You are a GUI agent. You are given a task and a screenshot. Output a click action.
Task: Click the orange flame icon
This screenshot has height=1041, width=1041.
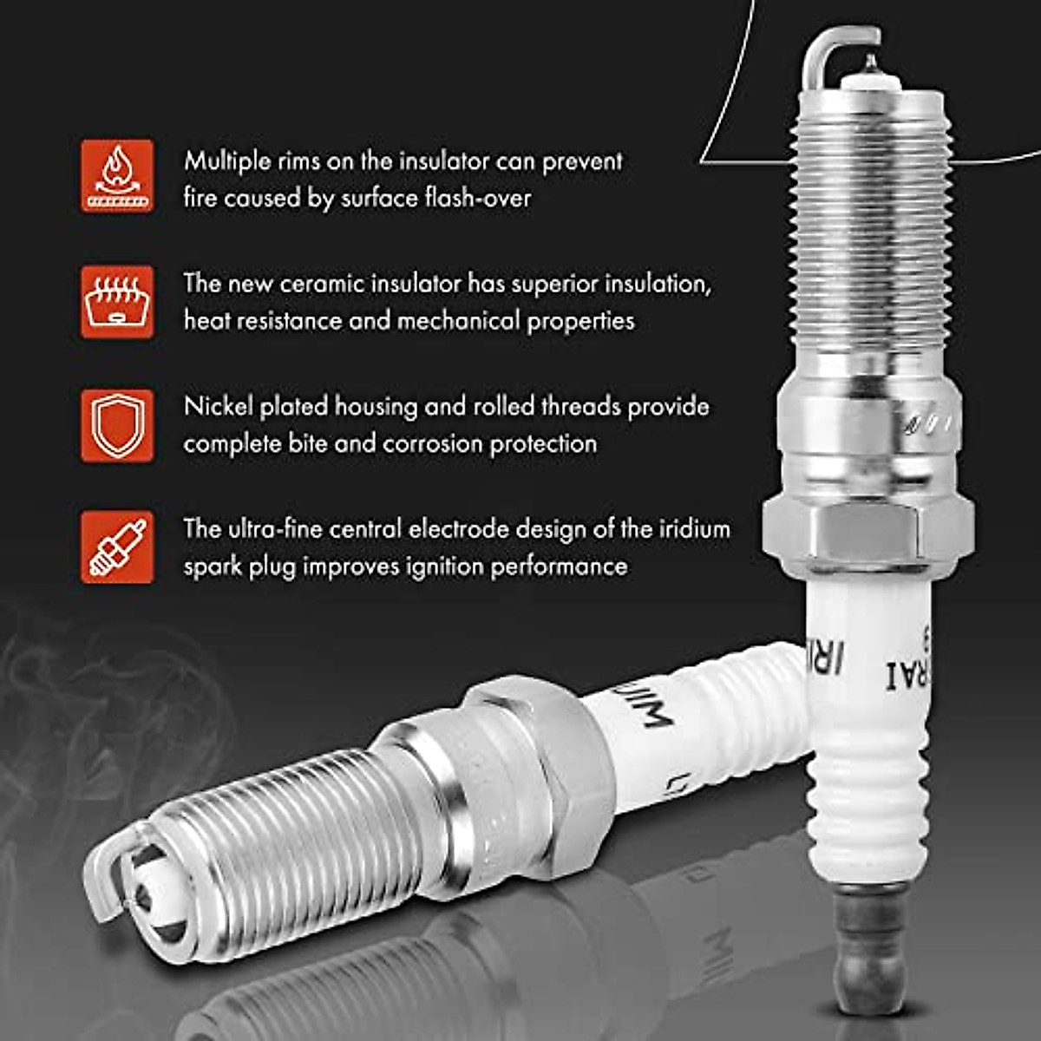(118, 176)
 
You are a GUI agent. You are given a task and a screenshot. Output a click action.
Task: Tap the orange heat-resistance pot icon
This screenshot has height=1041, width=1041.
(118, 301)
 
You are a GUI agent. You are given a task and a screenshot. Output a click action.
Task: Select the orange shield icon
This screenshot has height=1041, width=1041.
(118, 425)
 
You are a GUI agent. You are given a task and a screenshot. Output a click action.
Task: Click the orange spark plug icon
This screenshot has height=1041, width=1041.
(118, 547)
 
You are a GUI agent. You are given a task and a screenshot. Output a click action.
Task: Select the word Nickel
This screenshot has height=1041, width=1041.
(218, 407)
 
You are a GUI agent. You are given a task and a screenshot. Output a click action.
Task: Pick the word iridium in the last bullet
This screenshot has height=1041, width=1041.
(688, 529)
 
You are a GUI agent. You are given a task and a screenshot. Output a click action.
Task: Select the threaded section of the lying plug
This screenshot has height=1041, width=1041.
(286, 833)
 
